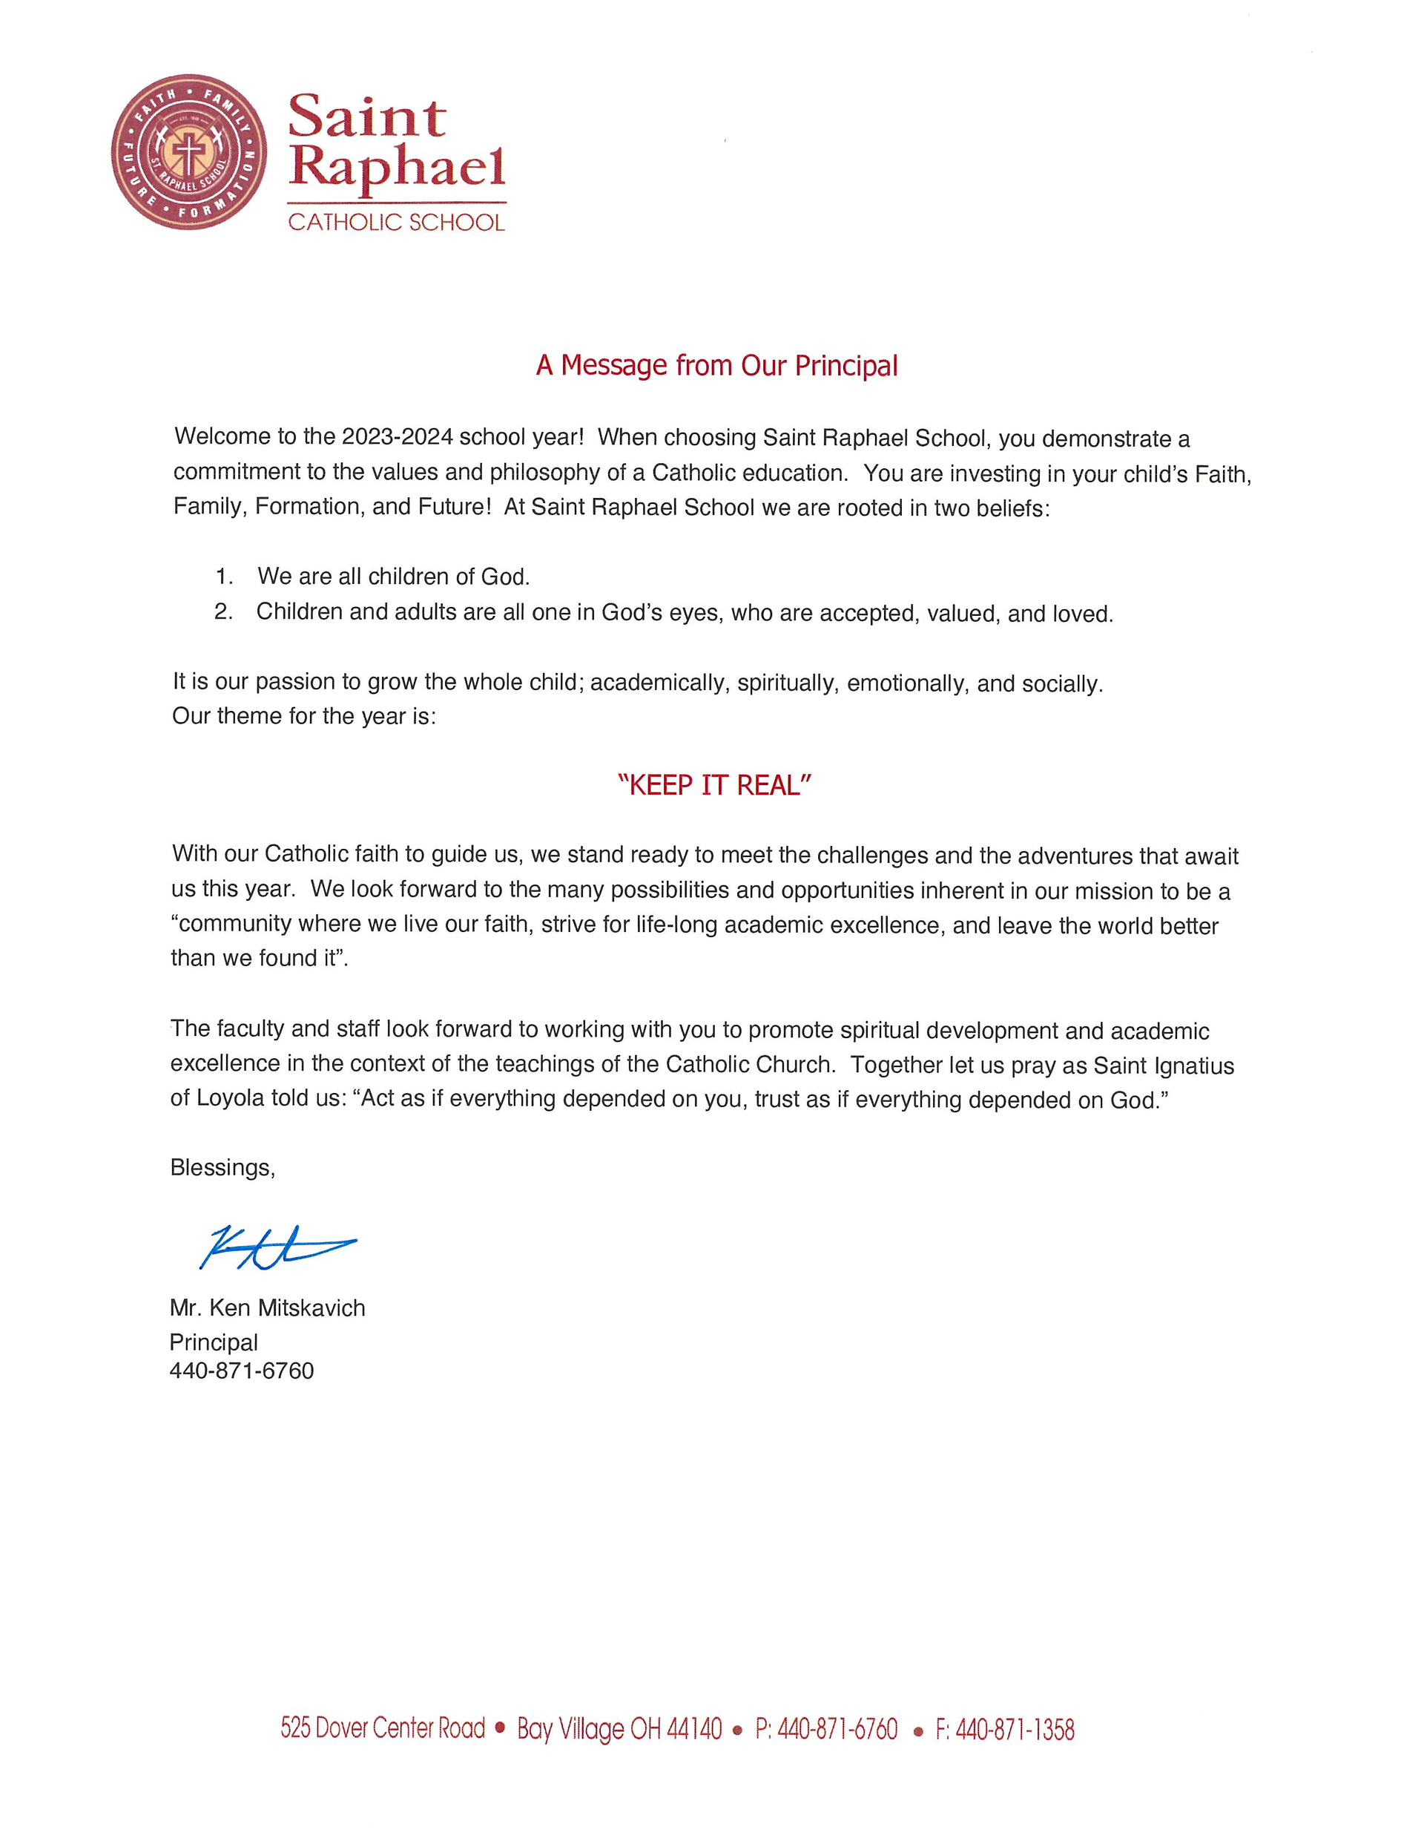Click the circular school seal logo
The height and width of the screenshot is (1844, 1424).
coord(188,152)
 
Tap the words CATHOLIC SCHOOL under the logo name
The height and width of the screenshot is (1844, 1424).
coord(396,223)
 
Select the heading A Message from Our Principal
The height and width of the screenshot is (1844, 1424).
coord(716,366)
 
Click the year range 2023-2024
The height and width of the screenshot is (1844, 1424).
coord(397,437)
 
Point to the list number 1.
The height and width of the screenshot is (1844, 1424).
coord(224,577)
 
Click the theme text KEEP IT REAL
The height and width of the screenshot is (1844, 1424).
coord(714,786)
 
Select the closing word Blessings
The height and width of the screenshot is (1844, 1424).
coord(222,1168)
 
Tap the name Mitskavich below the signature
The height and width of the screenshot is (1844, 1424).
coord(311,1307)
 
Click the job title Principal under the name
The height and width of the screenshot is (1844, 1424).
coord(214,1342)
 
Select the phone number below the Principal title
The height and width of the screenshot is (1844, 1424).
coord(242,1371)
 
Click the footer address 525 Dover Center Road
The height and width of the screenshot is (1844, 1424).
coord(383,1728)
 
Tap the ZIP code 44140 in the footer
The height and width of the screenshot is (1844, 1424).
coord(694,1728)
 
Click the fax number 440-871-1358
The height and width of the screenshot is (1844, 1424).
coord(1015,1729)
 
